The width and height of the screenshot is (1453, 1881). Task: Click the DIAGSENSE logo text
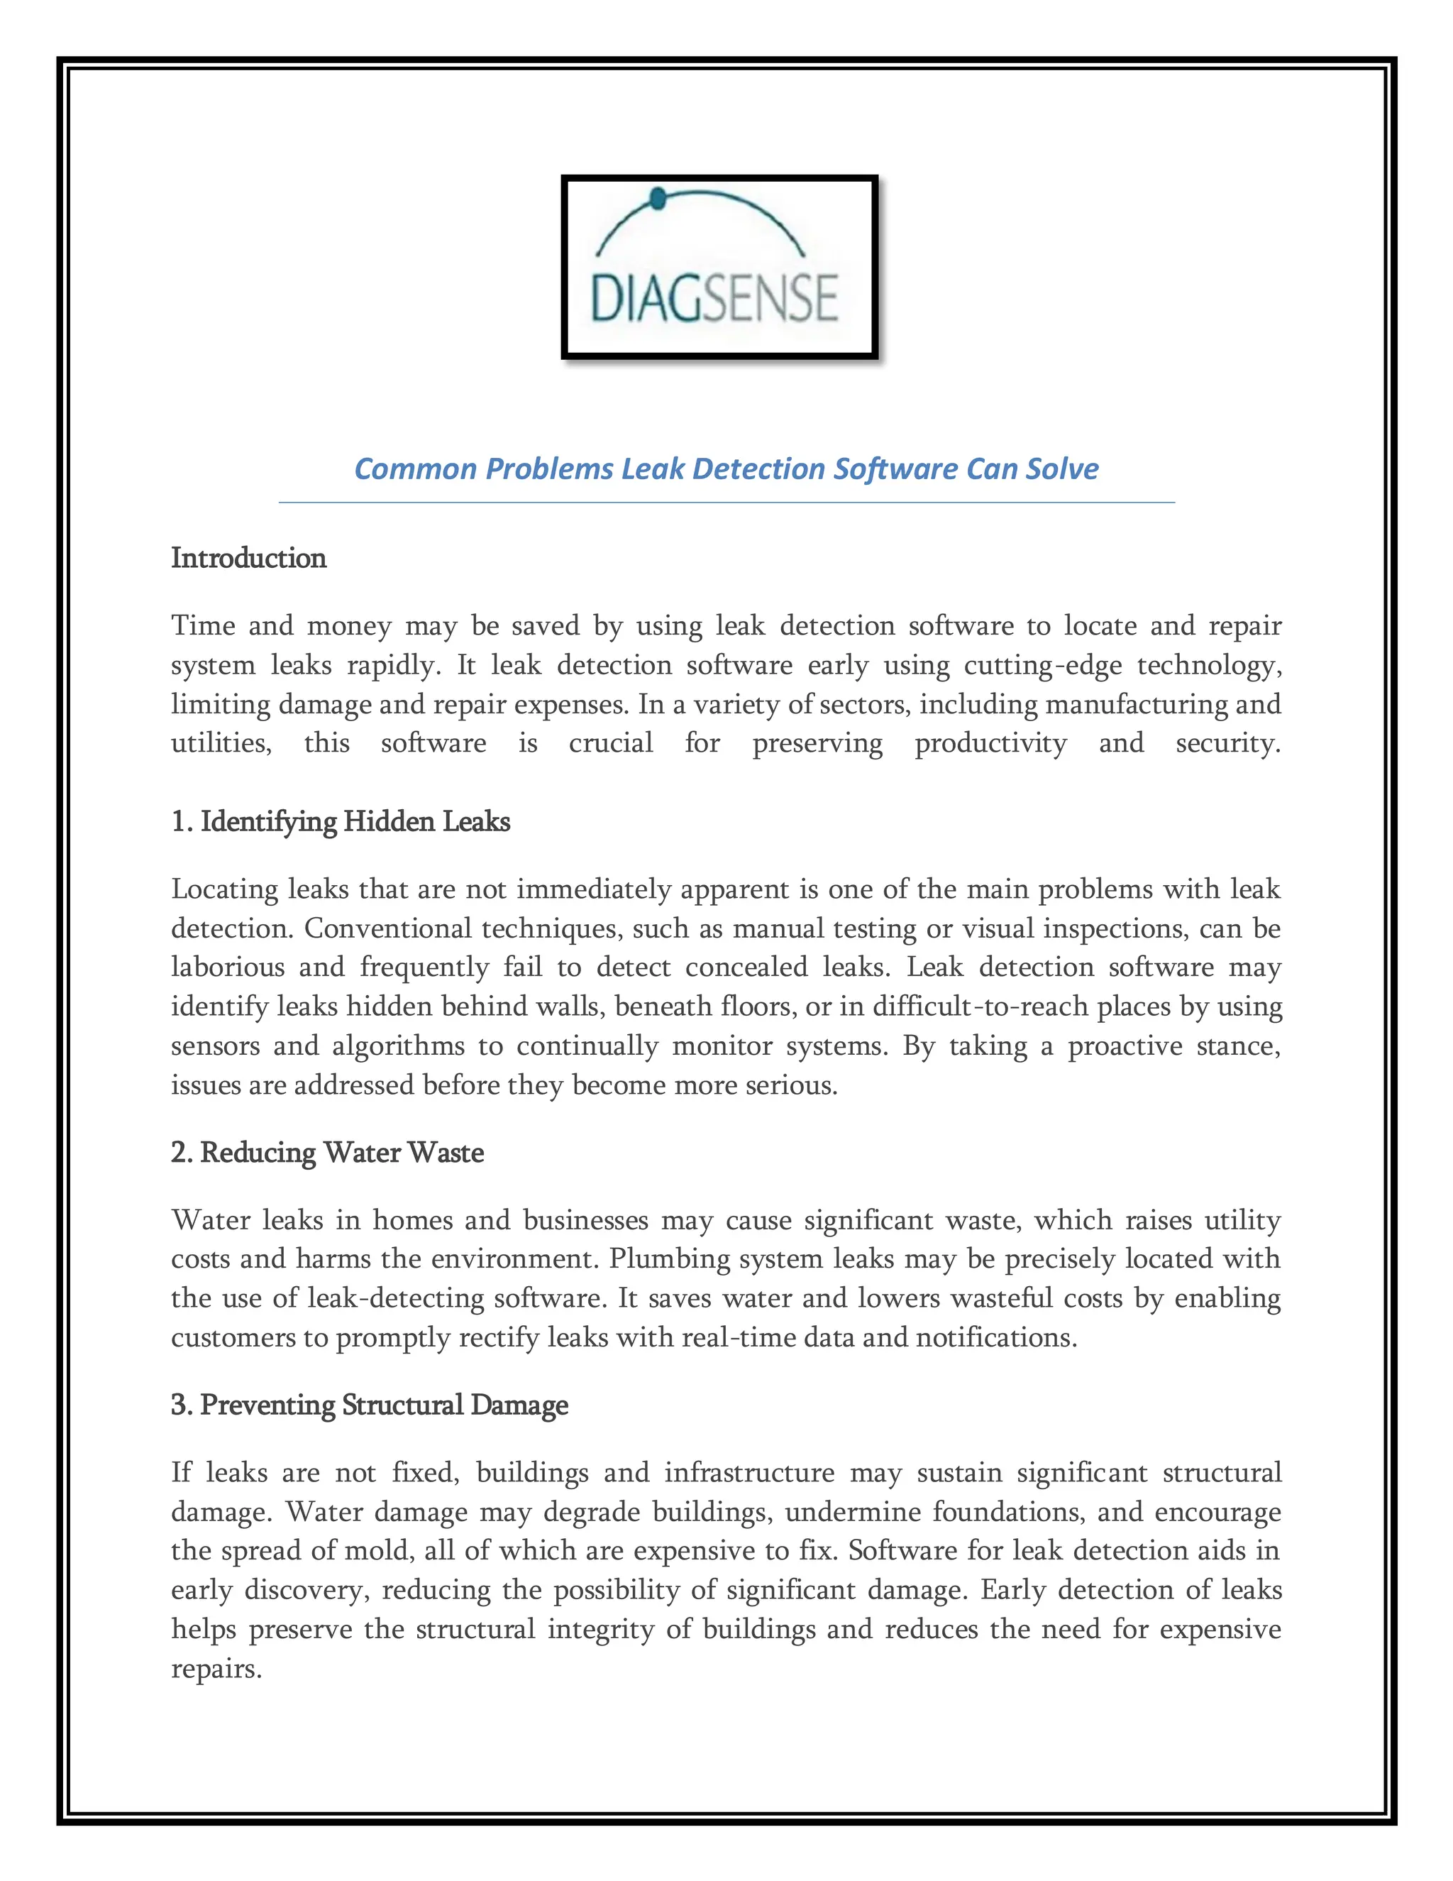(x=714, y=299)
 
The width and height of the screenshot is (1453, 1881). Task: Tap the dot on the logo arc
(x=658, y=200)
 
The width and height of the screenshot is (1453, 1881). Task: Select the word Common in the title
(x=416, y=468)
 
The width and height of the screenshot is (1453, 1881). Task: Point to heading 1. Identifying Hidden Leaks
(x=340, y=822)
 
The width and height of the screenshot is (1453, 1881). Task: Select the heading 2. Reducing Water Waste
(x=327, y=1152)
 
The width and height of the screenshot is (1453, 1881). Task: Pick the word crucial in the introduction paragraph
(x=610, y=742)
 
